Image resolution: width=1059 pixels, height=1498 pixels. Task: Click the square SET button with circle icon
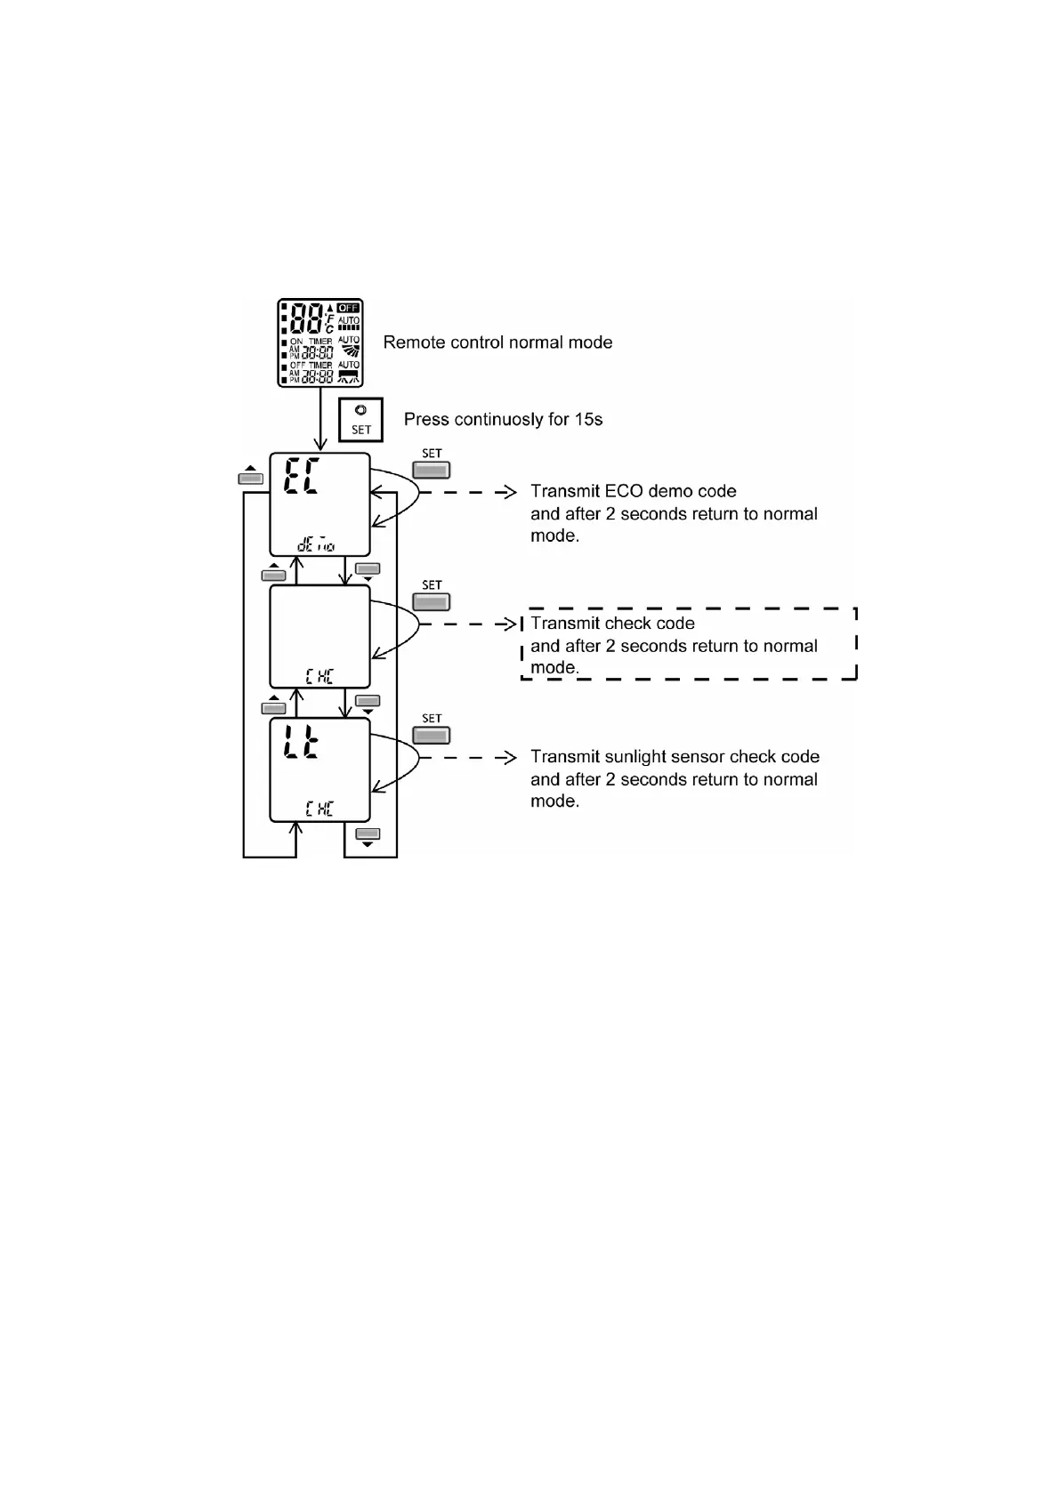click(x=360, y=419)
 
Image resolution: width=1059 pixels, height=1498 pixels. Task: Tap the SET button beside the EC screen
click(x=432, y=471)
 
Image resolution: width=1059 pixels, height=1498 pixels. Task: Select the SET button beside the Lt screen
click(x=432, y=736)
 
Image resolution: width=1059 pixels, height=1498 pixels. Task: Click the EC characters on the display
click(x=303, y=479)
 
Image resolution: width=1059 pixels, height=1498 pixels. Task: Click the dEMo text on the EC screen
click(x=316, y=544)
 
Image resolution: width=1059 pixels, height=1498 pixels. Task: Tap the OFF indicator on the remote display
click(x=348, y=308)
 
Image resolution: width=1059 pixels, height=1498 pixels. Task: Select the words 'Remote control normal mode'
click(x=497, y=342)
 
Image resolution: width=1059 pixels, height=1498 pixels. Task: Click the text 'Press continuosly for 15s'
click(x=503, y=419)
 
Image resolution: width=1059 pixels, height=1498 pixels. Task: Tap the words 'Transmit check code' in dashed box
click(x=612, y=623)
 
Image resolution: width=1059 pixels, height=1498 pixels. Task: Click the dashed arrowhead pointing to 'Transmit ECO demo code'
click(x=509, y=491)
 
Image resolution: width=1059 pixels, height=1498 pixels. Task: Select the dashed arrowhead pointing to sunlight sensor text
click(x=509, y=757)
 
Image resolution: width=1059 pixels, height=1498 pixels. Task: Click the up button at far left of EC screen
click(x=251, y=478)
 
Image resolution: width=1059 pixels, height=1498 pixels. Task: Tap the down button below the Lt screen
click(x=367, y=834)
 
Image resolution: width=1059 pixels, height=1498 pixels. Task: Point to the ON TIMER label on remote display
click(x=311, y=342)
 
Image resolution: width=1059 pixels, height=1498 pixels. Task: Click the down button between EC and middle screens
click(x=367, y=569)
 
